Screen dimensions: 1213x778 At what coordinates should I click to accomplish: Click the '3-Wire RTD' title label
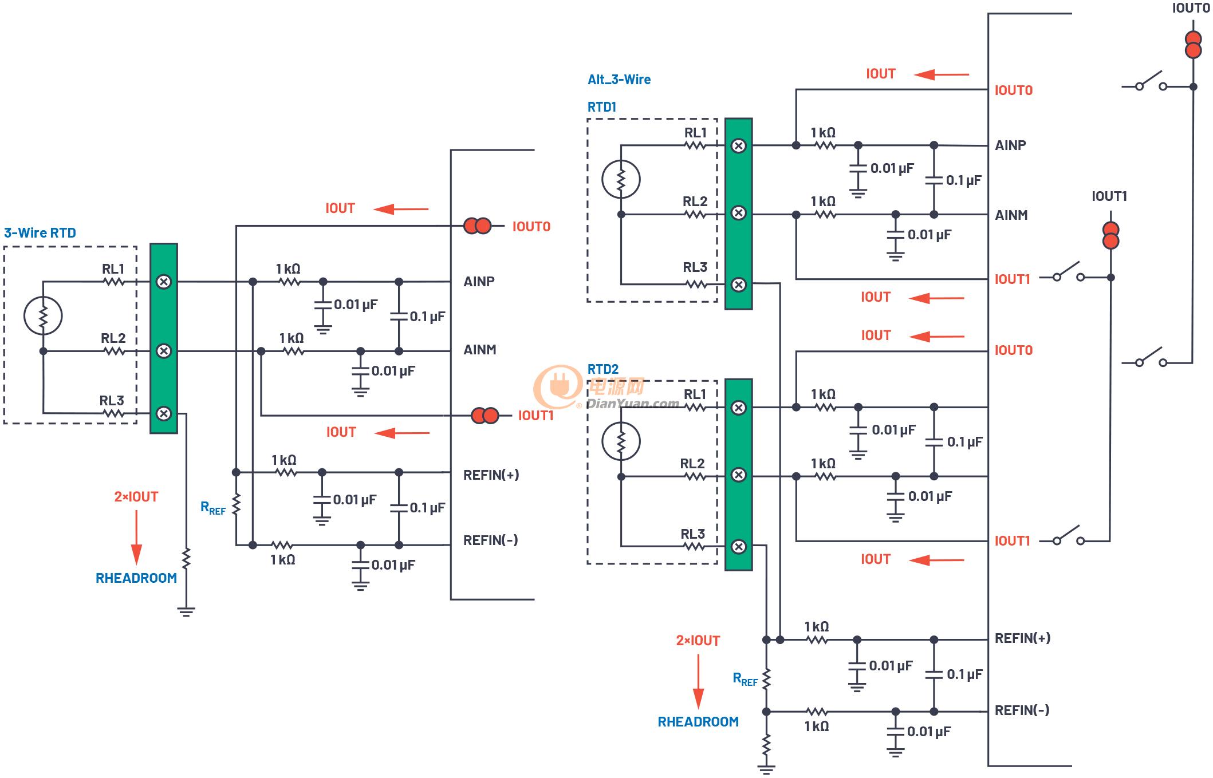point(40,233)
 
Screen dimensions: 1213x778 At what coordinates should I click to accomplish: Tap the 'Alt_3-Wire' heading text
point(619,80)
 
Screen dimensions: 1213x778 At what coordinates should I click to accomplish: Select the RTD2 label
point(603,369)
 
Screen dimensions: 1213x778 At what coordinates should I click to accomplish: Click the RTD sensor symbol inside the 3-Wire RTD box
point(43,315)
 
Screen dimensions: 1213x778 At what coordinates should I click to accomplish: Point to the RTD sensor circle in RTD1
point(621,179)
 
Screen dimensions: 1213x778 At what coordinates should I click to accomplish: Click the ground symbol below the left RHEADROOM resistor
point(186,611)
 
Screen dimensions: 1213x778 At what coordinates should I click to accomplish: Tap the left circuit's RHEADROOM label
point(136,578)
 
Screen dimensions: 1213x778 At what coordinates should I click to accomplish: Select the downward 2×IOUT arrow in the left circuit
point(136,538)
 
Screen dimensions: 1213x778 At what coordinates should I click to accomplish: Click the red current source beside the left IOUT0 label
point(478,226)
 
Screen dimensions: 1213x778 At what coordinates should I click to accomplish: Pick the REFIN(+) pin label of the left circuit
point(491,475)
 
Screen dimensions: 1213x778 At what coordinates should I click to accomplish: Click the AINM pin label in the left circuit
point(480,350)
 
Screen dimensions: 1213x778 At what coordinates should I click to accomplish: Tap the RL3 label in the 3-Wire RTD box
point(112,400)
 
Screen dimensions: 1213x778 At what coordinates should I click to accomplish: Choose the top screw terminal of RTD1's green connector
point(739,145)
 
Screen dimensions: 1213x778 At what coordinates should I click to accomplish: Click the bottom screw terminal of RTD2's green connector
point(739,546)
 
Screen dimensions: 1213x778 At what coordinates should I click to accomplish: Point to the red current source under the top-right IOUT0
point(1193,45)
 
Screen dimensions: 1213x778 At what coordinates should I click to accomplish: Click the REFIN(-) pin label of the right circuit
point(1022,710)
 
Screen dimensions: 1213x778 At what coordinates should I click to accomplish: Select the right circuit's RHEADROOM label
point(698,722)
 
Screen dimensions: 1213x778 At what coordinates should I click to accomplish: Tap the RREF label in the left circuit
point(213,508)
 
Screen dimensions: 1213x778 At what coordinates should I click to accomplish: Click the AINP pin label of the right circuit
point(1010,145)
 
